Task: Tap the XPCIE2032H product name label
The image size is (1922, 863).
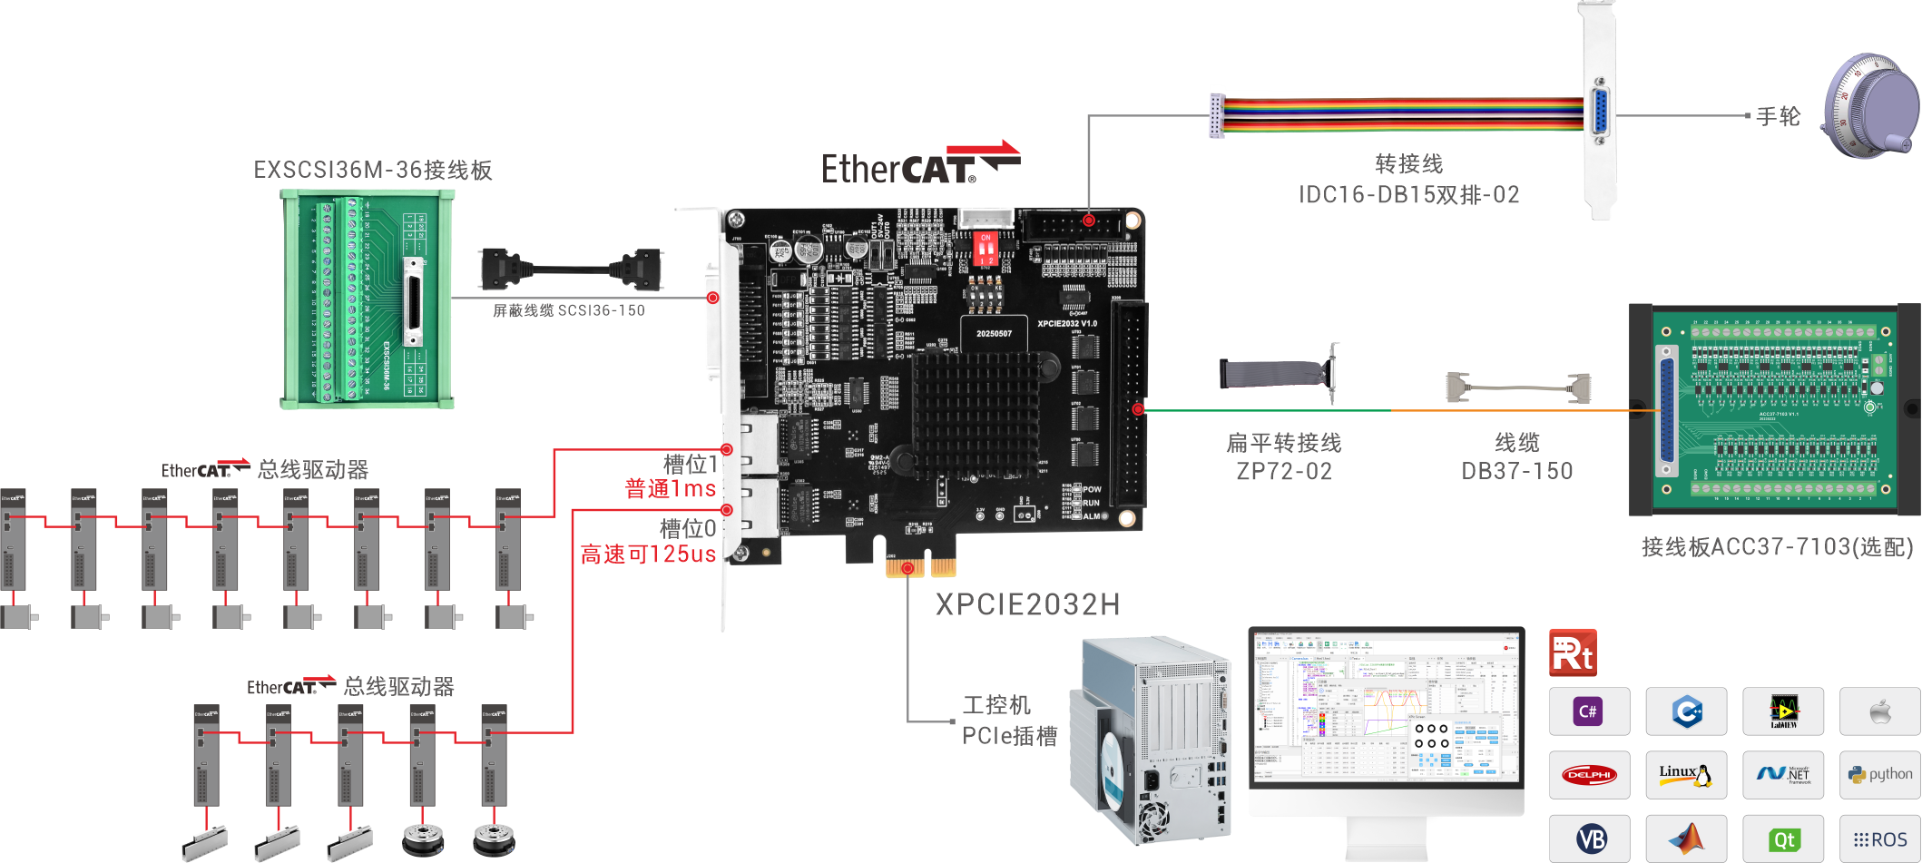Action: point(1027,604)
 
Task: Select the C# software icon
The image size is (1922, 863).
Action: point(1588,711)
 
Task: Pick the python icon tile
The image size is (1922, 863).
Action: point(1879,774)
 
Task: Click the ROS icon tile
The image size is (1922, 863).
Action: point(1879,839)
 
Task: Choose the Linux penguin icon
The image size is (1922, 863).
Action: point(1685,774)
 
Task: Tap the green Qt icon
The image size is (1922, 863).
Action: point(1783,839)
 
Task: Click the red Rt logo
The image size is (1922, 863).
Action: point(1573,653)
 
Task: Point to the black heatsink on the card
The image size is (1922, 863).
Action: point(976,413)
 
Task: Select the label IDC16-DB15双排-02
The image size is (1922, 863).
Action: point(1408,195)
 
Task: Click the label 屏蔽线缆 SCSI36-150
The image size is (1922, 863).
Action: point(569,310)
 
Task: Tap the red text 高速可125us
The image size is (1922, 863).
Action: point(648,554)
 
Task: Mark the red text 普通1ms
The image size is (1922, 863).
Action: point(671,489)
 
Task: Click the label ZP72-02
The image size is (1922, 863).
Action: point(1283,472)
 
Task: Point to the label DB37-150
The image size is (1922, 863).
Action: point(1516,472)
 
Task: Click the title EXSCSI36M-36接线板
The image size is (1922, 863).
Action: point(373,171)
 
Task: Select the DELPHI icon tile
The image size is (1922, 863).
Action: point(1589,774)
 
